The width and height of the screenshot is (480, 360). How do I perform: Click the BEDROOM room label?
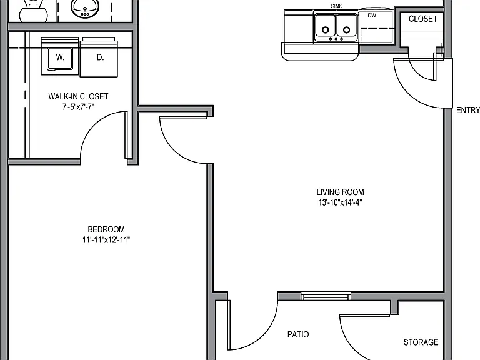(106, 229)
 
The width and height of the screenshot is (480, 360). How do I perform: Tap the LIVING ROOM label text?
(340, 192)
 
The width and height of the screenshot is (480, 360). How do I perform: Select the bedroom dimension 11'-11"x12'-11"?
(106, 240)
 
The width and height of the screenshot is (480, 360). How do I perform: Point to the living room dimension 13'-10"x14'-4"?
(340, 202)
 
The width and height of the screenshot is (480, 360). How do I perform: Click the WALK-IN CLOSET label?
(78, 96)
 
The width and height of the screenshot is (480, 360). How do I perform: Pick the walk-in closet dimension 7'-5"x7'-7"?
(78, 107)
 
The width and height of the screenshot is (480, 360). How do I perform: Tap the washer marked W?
(60, 57)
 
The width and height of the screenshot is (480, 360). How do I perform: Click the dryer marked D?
(99, 57)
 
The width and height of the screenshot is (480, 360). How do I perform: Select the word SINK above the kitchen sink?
(336, 6)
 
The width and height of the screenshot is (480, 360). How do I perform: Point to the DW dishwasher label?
(372, 16)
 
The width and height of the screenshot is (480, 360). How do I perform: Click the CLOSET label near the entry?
(423, 19)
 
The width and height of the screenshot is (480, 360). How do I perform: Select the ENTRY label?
(467, 110)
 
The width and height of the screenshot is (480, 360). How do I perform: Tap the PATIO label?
(298, 334)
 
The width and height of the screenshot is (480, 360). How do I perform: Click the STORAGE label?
(421, 342)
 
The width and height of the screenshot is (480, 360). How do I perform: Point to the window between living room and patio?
(326, 296)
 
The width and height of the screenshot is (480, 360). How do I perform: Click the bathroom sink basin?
(85, 7)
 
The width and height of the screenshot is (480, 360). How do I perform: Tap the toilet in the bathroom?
(34, 11)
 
